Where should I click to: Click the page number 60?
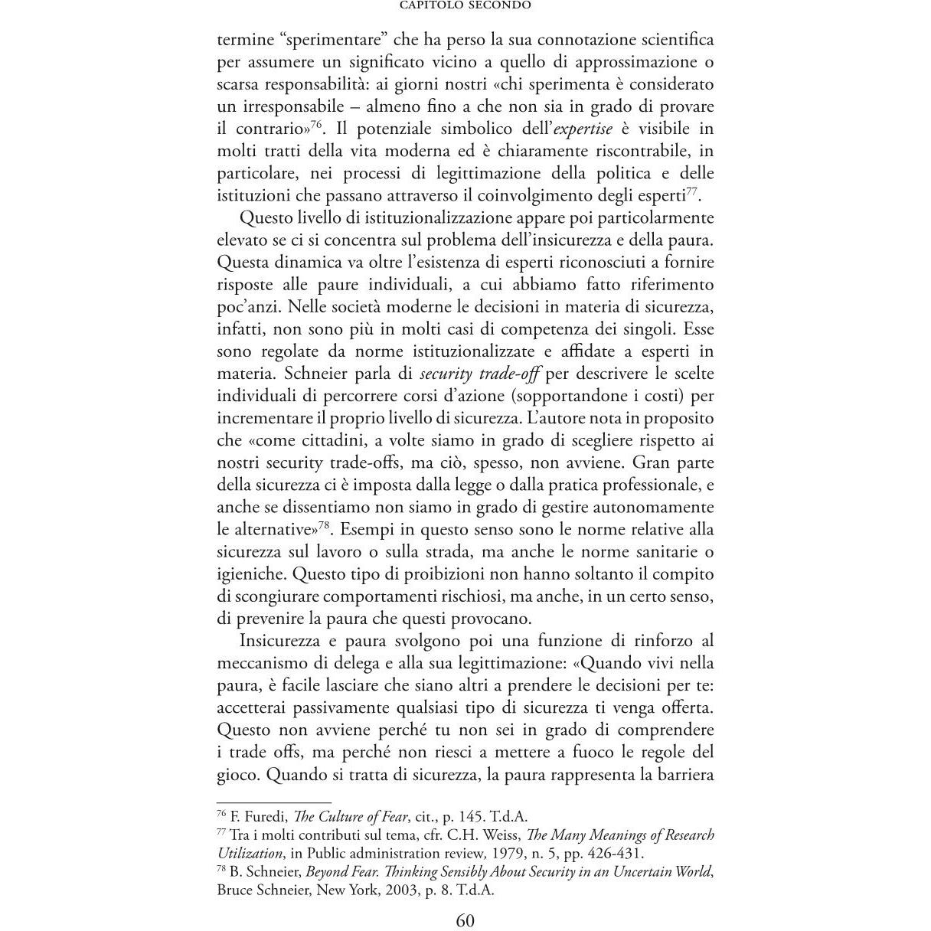tap(465, 920)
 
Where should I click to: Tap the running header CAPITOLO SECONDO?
tap(465, 5)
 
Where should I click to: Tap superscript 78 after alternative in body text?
tap(324, 524)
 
